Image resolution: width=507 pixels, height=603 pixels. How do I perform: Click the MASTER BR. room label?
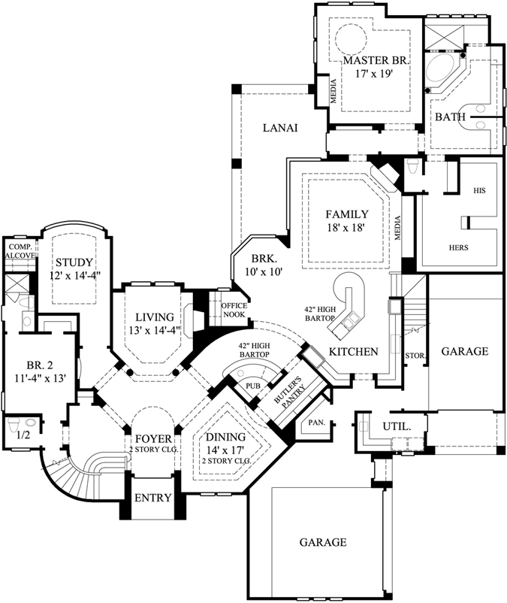click(376, 59)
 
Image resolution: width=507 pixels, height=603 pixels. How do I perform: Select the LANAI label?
click(281, 128)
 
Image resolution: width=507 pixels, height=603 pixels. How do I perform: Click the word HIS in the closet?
click(479, 191)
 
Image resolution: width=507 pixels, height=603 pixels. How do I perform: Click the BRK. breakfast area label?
click(262, 257)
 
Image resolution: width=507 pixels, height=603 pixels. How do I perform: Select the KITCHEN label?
click(353, 352)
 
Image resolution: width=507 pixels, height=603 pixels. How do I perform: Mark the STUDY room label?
click(74, 262)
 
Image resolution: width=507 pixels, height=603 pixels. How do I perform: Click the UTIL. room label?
click(397, 426)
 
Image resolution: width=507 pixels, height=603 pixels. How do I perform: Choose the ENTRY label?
click(152, 498)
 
